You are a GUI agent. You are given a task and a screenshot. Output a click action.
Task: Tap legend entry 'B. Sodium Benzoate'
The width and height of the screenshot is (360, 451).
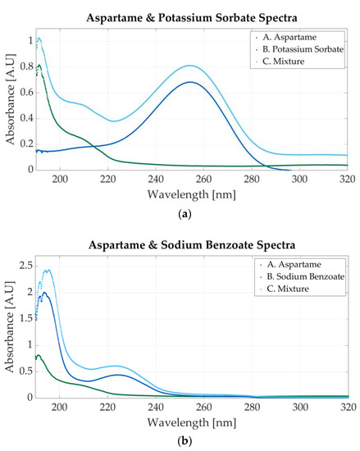tap(303, 277)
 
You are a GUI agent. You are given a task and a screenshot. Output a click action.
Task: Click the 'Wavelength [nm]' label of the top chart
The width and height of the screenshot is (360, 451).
tap(196, 194)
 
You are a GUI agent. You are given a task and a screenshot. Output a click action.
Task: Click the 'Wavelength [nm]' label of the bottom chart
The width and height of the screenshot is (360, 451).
tap(196, 421)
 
